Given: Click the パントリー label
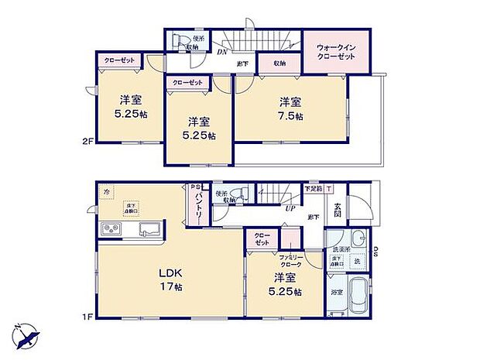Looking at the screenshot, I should [x=197, y=208].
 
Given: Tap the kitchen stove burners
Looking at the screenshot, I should [x=109, y=230].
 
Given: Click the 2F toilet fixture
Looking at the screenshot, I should [x=177, y=41].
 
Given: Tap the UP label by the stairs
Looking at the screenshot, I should [x=290, y=208].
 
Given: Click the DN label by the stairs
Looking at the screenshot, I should [x=221, y=53].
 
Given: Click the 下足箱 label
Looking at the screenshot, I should [x=312, y=188].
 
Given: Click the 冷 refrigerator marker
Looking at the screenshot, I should [x=105, y=190].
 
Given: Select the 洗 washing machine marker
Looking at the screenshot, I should [x=358, y=262].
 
